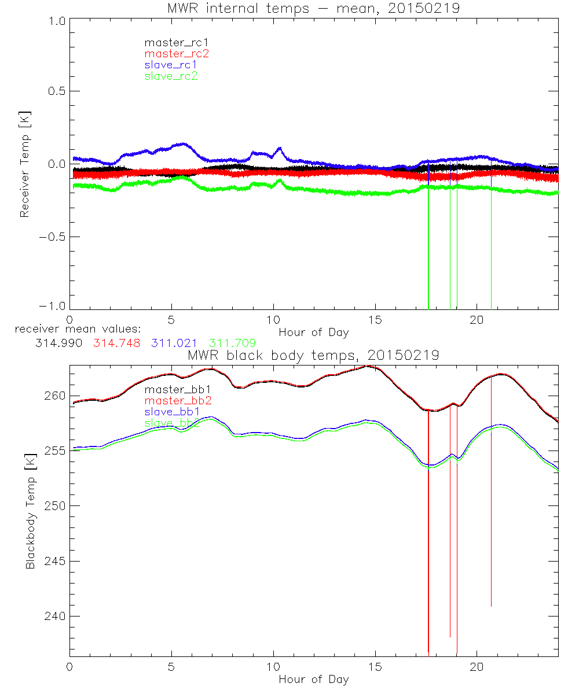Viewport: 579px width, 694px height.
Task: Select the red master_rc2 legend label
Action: [176, 54]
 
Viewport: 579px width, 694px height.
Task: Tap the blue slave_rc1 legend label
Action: [171, 65]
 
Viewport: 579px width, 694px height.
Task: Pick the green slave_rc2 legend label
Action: [171, 76]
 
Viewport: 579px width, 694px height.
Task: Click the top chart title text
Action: [313, 8]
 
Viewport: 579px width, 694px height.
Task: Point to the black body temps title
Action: [313, 355]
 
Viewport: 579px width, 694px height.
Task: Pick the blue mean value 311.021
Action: [175, 343]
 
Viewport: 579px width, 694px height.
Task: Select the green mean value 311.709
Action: [233, 343]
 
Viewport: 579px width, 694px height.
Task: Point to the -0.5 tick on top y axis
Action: [52, 237]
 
